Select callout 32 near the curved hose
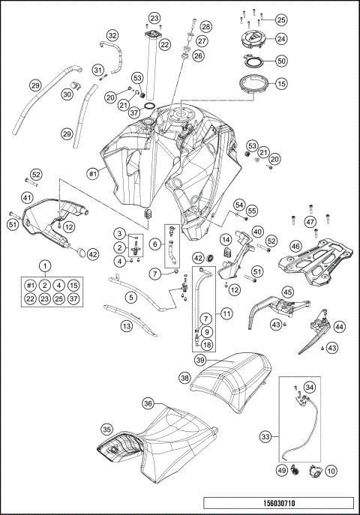coord(112,35)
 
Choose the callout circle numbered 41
coord(27,198)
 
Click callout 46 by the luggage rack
coord(295,245)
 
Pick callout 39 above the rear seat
coord(201,361)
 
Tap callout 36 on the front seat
coord(148,404)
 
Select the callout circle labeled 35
coord(106,430)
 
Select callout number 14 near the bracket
coord(224,239)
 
